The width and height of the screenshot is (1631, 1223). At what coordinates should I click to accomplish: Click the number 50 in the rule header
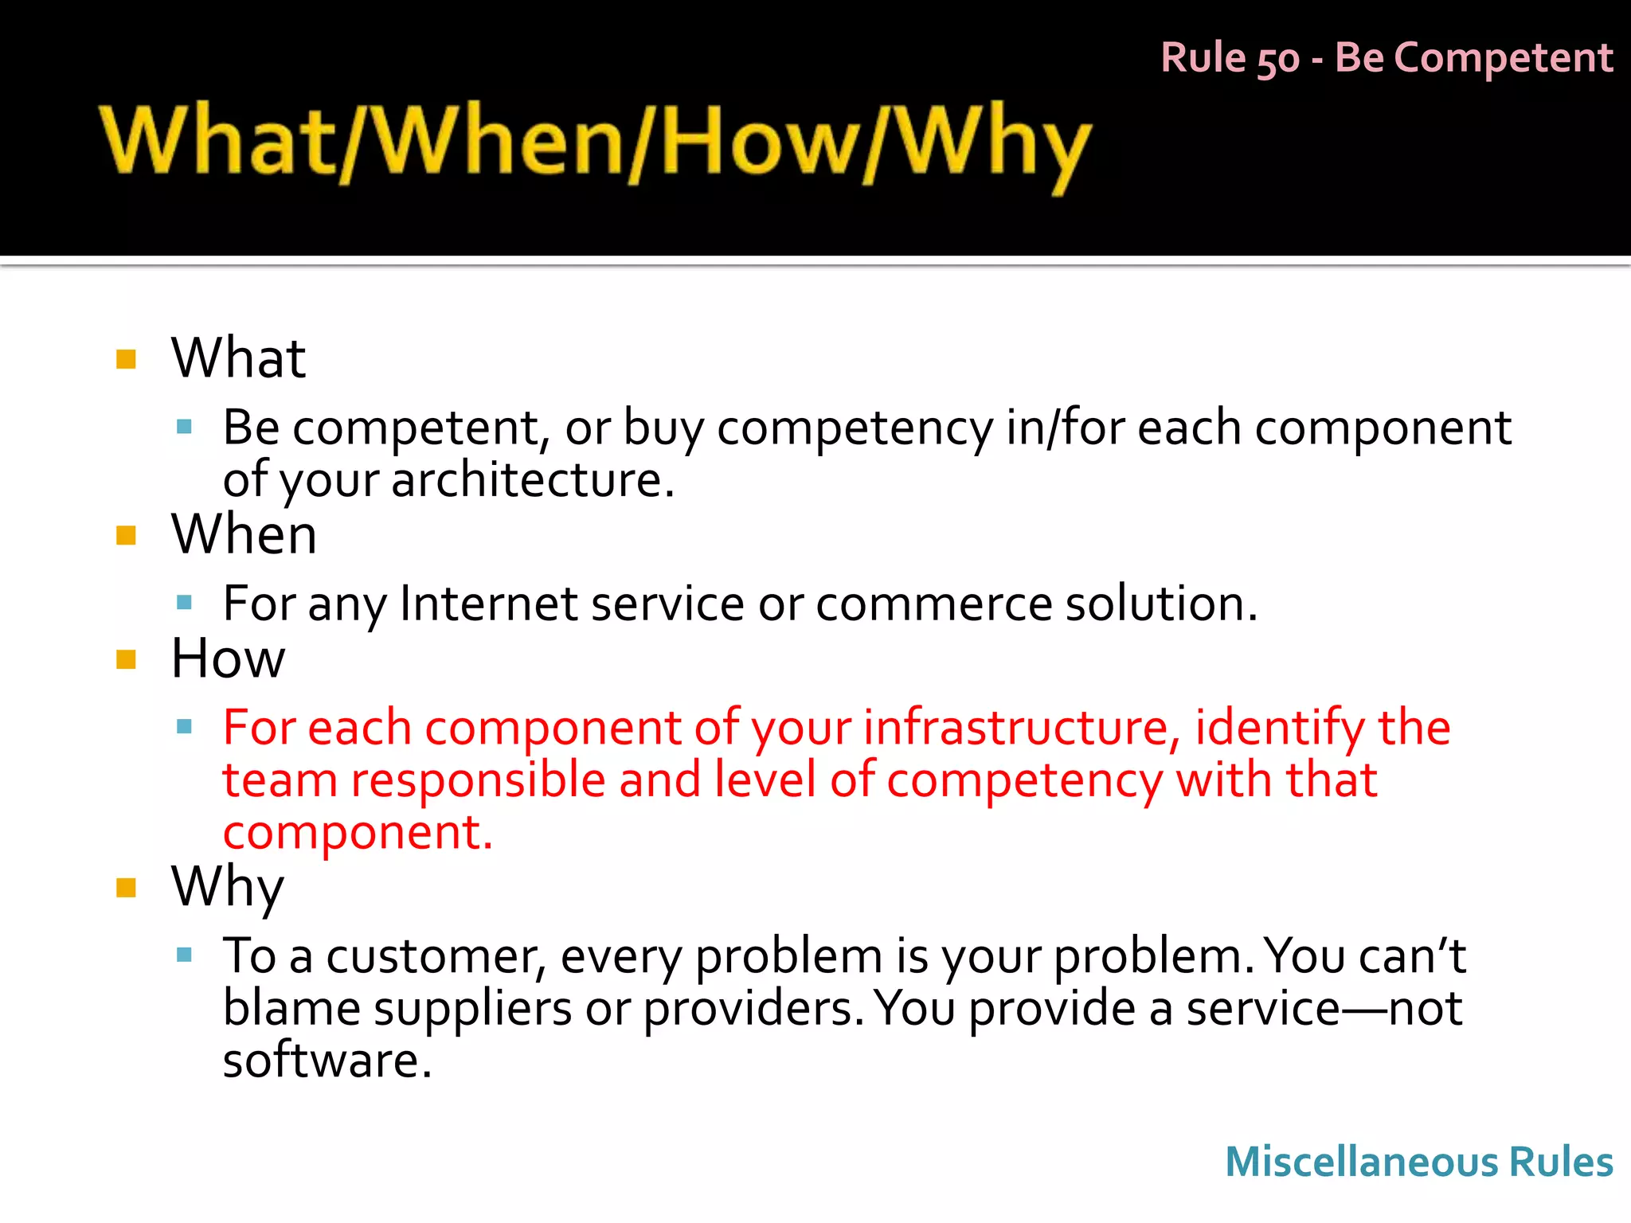point(1277,59)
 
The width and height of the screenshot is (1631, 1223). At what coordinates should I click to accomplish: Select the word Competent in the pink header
point(1504,57)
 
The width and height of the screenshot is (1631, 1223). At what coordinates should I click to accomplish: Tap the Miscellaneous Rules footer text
point(1419,1161)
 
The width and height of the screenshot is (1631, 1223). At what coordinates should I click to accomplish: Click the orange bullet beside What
point(127,359)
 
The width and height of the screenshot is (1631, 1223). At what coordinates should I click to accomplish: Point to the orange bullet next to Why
point(127,888)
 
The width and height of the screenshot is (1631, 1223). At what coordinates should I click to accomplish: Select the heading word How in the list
point(228,658)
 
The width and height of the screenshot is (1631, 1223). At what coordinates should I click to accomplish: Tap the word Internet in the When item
point(488,604)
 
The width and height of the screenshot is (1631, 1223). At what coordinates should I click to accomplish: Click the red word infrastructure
point(1016,728)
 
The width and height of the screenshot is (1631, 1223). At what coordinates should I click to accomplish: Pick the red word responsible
point(478,780)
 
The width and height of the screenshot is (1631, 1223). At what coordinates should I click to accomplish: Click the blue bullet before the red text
point(185,726)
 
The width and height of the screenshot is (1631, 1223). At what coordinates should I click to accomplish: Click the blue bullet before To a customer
point(185,955)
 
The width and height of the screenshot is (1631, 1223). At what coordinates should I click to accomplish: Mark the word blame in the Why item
point(291,1009)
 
